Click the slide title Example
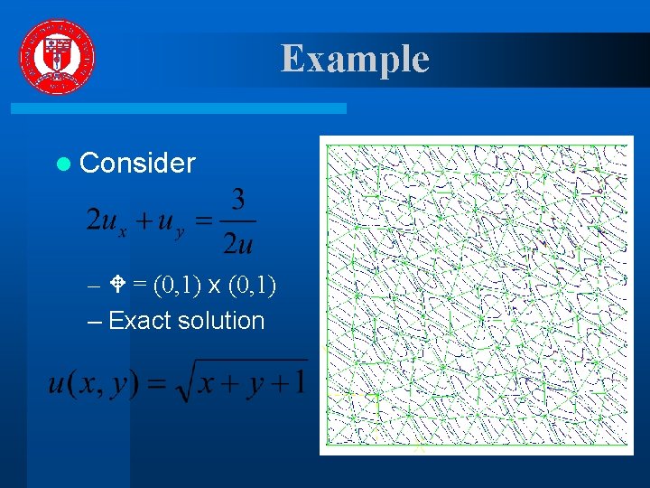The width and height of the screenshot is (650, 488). tap(355, 59)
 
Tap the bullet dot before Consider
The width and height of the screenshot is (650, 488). tap(61, 164)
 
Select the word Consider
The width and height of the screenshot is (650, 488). tap(137, 163)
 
